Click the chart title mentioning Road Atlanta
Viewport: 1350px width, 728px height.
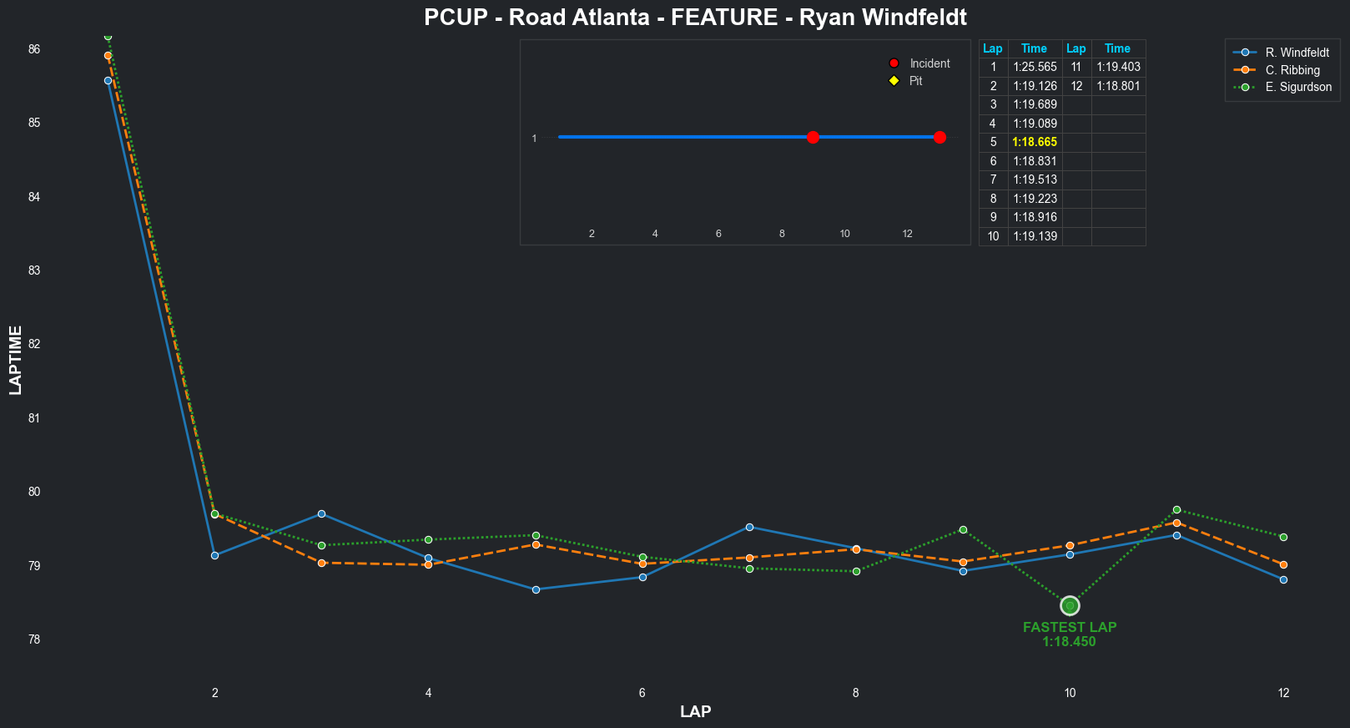tap(695, 18)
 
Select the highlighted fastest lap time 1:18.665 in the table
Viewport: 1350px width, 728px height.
tap(1035, 142)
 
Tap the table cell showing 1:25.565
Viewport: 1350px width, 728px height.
tap(1035, 67)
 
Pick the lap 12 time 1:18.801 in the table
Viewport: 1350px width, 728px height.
tap(1118, 86)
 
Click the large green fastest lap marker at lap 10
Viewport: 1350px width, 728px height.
tap(1070, 605)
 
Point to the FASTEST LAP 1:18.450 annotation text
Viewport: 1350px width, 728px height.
tap(1070, 634)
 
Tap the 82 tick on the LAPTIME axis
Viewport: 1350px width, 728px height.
tap(34, 344)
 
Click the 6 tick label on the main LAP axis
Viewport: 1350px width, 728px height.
tap(642, 692)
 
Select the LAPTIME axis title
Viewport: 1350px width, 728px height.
tap(16, 360)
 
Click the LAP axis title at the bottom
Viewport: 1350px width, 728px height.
tap(695, 711)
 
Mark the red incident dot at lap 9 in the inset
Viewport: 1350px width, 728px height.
tap(813, 137)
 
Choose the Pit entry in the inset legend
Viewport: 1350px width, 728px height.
tap(915, 81)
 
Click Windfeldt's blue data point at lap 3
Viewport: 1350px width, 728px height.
tap(321, 513)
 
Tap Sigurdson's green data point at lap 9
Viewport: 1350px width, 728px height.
tap(963, 529)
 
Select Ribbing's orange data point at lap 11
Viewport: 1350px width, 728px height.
tap(1176, 523)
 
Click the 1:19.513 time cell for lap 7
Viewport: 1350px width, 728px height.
tap(1035, 179)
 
